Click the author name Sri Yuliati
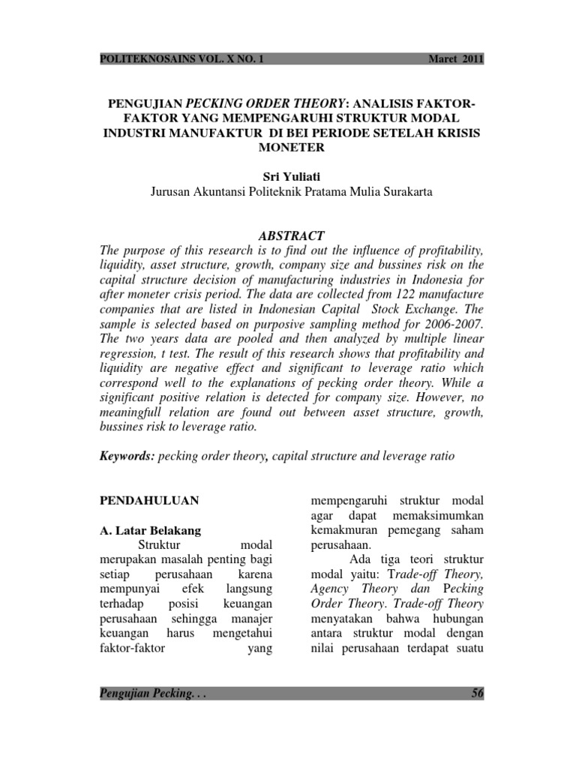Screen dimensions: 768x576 [288, 175]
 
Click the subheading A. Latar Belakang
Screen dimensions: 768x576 [150, 530]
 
